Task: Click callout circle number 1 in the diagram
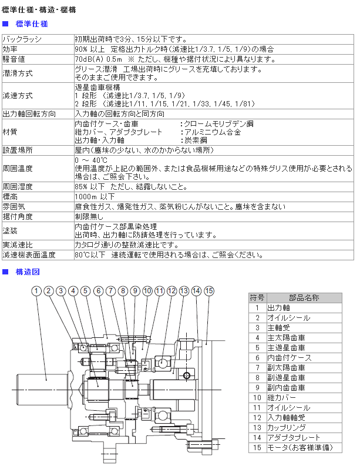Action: pyautogui.click(x=36, y=291)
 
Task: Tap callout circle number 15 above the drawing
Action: pyautogui.click(x=209, y=291)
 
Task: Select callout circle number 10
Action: pyautogui.click(x=147, y=291)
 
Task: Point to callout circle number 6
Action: pyautogui.click(x=98, y=291)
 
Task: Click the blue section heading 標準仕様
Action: pyautogui.click(x=32, y=24)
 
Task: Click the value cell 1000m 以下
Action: pyautogui.click(x=95, y=196)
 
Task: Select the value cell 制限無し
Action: pyautogui.click(x=89, y=216)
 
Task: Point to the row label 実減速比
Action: pyautogui.click(x=18, y=244)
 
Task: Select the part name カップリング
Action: pyautogui.click(x=287, y=427)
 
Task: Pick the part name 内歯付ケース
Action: pyautogui.click(x=287, y=357)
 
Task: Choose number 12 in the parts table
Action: pyautogui.click(x=257, y=417)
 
